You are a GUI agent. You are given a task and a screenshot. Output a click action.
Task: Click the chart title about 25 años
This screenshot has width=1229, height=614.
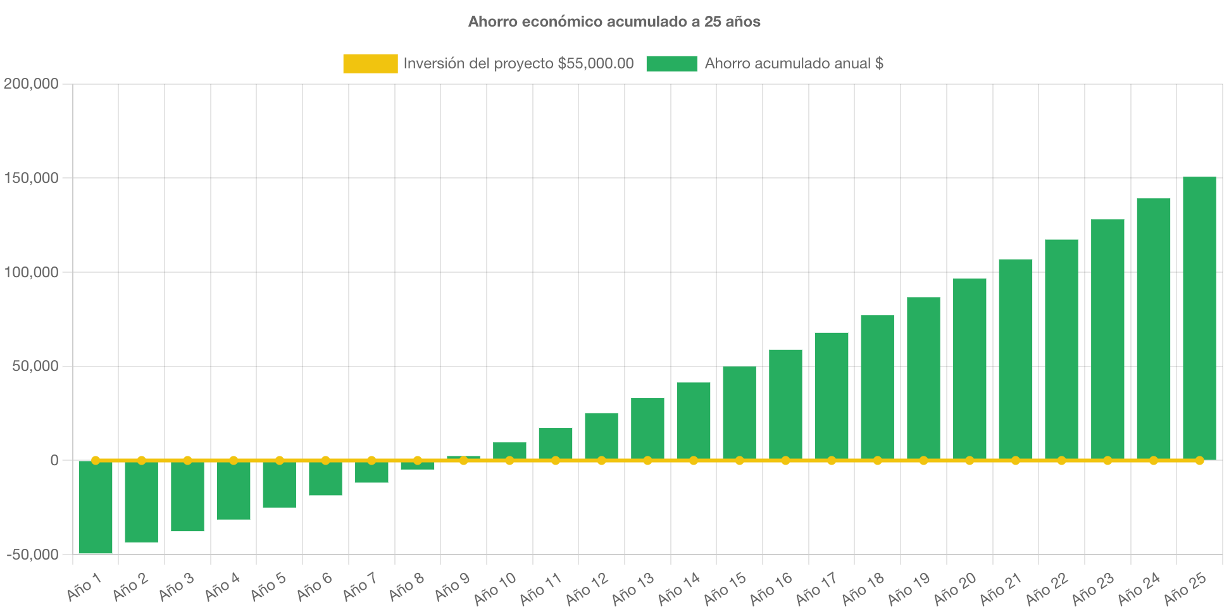pyautogui.click(x=614, y=22)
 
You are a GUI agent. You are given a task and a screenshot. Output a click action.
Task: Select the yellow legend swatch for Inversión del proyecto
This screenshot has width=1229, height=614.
pyautogui.click(x=370, y=63)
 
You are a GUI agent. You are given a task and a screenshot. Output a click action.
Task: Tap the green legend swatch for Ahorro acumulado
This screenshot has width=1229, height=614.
pyautogui.click(x=671, y=63)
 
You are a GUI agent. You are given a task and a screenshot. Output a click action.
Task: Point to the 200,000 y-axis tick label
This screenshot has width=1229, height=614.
pyautogui.click(x=31, y=84)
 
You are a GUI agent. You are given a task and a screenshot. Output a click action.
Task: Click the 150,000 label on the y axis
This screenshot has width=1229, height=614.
pyautogui.click(x=31, y=178)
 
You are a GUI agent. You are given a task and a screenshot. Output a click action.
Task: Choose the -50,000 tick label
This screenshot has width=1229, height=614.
pyautogui.click(x=33, y=554)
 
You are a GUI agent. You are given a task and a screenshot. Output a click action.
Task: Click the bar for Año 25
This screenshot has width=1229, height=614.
pyautogui.click(x=1199, y=316)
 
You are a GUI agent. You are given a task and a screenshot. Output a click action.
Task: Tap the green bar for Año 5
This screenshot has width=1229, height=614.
pyautogui.click(x=280, y=485)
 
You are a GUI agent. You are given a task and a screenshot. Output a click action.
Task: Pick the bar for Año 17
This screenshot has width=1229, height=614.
pyautogui.click(x=832, y=396)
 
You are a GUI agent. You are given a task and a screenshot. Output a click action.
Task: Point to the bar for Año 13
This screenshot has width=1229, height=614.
pyautogui.click(x=647, y=428)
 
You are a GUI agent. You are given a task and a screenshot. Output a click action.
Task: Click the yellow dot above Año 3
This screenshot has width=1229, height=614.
pyautogui.click(x=187, y=460)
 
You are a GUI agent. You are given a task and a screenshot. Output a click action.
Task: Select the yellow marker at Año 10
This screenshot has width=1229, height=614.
pyautogui.click(x=509, y=460)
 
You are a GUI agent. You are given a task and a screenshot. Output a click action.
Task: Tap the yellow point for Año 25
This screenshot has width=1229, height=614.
pyautogui.click(x=1199, y=460)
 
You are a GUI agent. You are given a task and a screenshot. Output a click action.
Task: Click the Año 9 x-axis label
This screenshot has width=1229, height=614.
pyautogui.click(x=452, y=587)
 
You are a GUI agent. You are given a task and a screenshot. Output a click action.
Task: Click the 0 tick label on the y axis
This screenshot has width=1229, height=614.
pyautogui.click(x=54, y=461)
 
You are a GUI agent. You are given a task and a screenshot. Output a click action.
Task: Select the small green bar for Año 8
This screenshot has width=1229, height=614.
pyautogui.click(x=418, y=466)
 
